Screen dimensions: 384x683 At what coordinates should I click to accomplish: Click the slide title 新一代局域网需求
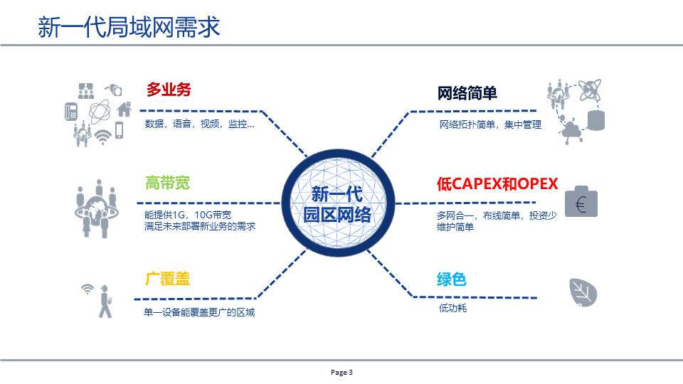[128, 28]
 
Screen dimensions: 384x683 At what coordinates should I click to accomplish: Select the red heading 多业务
[169, 90]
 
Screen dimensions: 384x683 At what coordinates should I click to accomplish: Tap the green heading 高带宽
[167, 183]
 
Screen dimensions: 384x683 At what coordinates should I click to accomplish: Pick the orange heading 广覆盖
[167, 279]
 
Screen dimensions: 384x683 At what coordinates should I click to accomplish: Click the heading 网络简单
[467, 93]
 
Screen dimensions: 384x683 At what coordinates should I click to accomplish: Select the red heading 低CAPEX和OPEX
[497, 183]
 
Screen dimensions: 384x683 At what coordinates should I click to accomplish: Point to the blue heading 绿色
[451, 279]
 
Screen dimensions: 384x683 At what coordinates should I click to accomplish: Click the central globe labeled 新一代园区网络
[338, 204]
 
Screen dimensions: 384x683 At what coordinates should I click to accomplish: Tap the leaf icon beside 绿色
[583, 292]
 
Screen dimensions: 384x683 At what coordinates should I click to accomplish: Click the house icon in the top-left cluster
[124, 109]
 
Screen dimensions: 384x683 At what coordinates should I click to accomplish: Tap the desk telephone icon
[71, 112]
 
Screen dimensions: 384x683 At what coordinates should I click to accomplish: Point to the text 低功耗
[452, 308]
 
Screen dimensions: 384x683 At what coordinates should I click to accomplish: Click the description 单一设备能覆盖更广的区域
[199, 312]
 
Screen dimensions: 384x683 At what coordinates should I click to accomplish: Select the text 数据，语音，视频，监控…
[199, 124]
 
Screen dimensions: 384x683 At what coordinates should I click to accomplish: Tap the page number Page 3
[341, 372]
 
